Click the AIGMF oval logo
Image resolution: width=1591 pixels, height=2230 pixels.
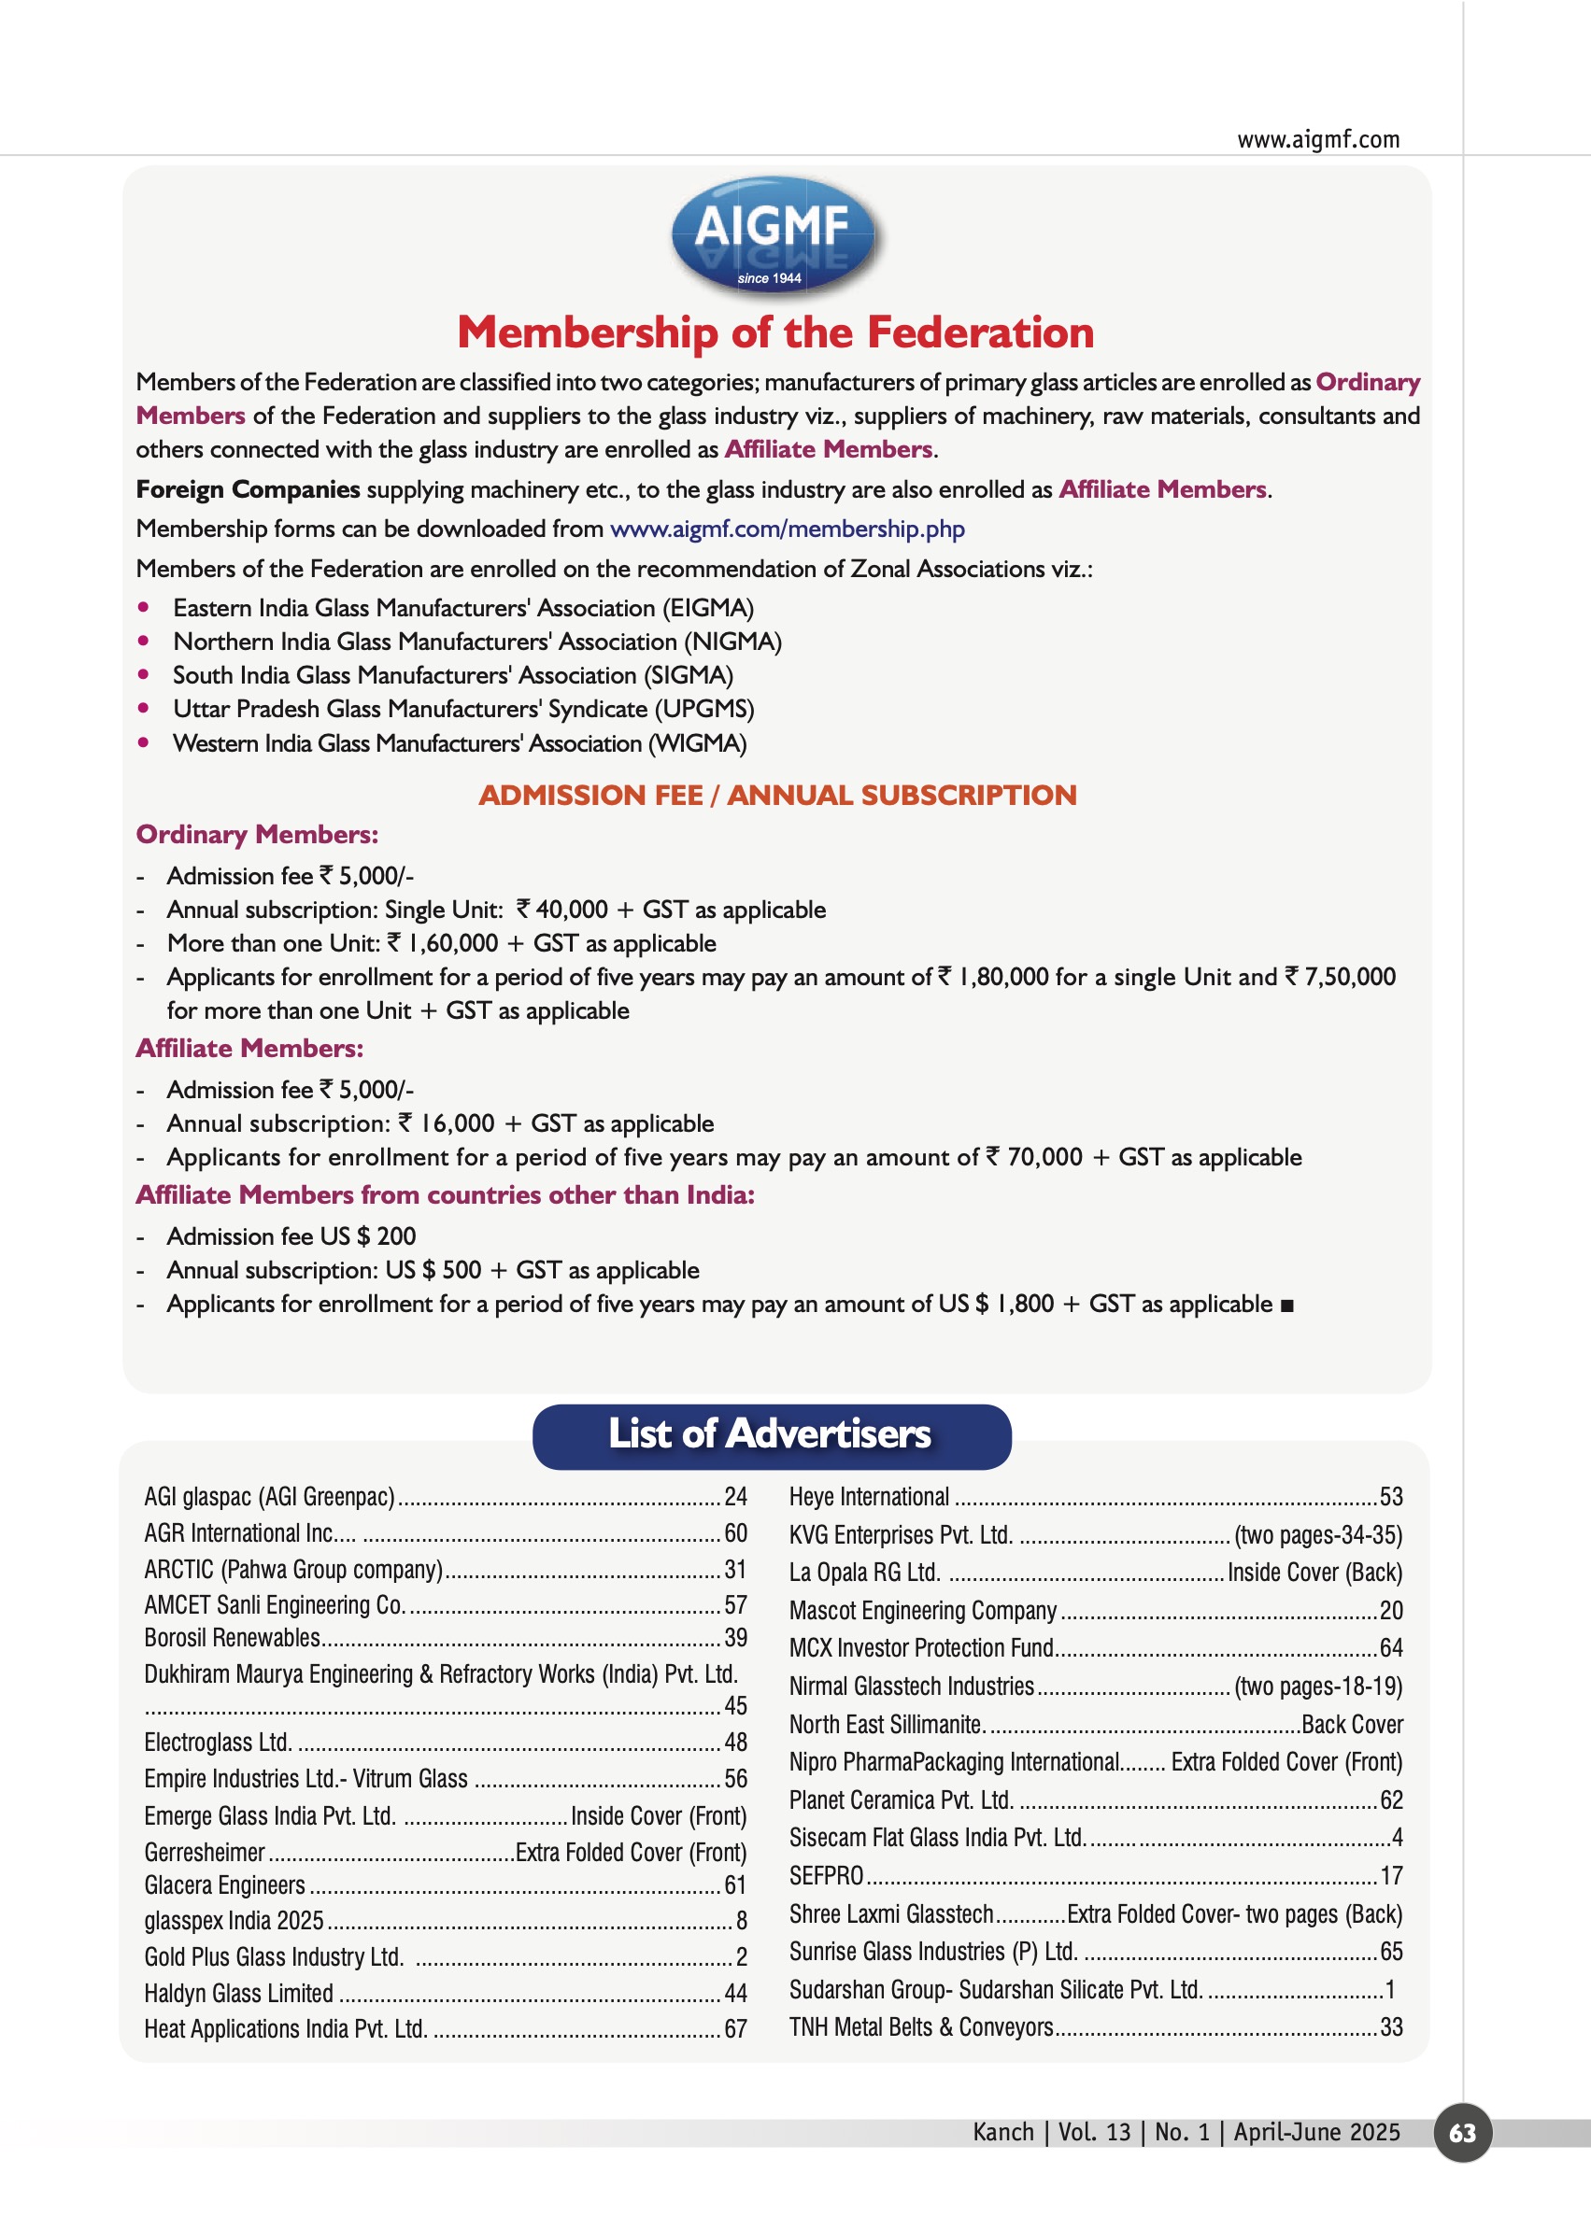[772, 233]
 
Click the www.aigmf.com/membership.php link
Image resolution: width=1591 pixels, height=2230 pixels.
[787, 529]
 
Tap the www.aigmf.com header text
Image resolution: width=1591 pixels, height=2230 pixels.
[1317, 140]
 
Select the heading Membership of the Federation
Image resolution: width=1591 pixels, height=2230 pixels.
[774, 333]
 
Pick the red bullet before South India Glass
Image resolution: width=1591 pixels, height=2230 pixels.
[144, 675]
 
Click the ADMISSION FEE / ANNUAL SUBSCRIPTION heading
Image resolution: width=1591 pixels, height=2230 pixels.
[777, 796]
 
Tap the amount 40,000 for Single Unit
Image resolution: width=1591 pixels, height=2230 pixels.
[571, 910]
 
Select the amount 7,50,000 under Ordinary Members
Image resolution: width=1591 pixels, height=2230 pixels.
[1349, 977]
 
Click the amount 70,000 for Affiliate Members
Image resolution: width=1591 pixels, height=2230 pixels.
[1044, 1158]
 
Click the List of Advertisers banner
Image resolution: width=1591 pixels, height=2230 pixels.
[771, 1434]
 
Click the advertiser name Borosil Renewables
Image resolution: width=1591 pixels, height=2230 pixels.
[233, 1639]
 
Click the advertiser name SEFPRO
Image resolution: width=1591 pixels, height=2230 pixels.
[826, 1876]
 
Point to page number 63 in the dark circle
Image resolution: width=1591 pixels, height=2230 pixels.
[1462, 2133]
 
